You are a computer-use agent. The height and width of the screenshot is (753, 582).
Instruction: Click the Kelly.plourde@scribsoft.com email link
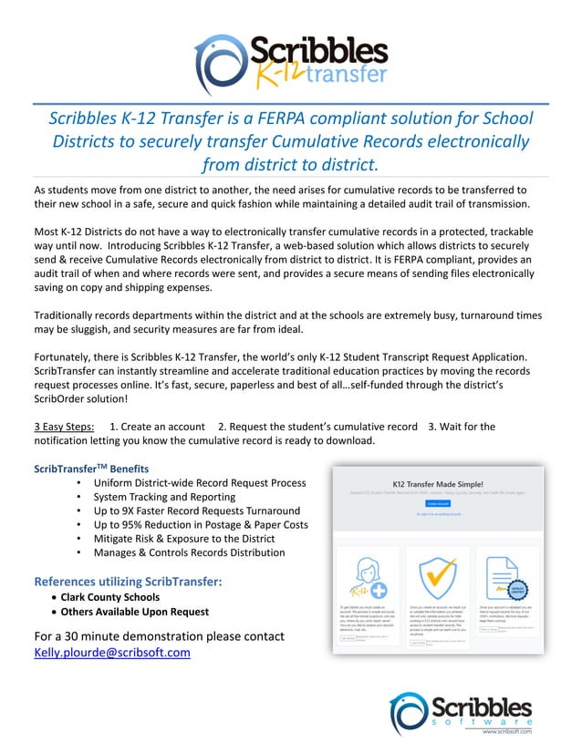(112, 653)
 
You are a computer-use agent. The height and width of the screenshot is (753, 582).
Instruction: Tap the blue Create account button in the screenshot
(439, 502)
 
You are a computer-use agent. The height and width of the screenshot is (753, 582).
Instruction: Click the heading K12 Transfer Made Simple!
(439, 483)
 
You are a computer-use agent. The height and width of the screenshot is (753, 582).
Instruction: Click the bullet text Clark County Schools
(109, 597)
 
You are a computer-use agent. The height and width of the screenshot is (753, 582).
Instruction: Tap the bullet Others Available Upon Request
(134, 612)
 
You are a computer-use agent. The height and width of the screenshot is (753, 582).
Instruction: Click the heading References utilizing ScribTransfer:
(128, 581)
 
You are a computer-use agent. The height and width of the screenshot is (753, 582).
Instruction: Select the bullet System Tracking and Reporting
(164, 497)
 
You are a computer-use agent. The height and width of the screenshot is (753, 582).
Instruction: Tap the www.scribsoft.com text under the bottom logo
(506, 731)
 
